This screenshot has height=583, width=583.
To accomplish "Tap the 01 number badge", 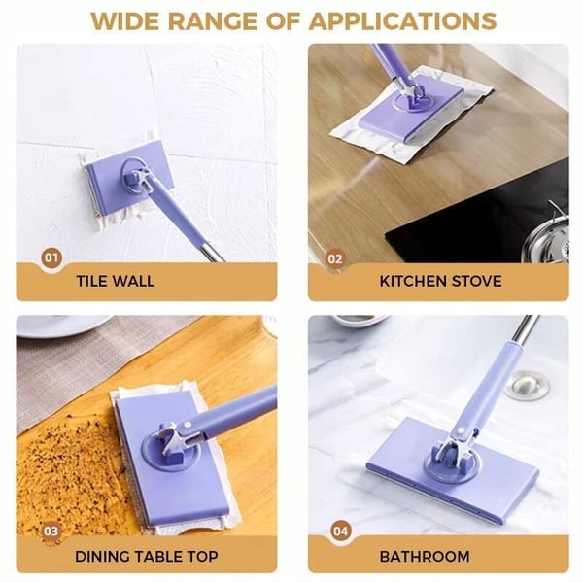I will click(x=51, y=258).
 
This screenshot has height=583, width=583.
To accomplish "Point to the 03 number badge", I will click(x=51, y=532).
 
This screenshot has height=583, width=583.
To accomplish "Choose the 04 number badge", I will click(x=339, y=532).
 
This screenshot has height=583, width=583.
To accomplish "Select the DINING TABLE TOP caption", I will click(x=146, y=557).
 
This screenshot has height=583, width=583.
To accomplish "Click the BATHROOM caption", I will click(x=424, y=557).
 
